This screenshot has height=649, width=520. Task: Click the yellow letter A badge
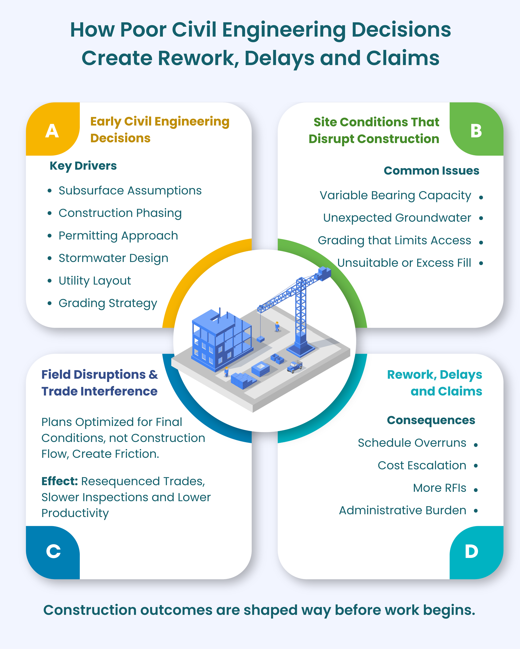pos(52,131)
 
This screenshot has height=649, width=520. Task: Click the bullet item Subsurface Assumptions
pos(130,191)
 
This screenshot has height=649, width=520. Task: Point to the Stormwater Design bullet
pos(113,258)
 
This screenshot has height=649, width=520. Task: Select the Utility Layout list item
pos(95,281)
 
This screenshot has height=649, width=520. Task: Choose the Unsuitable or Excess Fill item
pos(404,263)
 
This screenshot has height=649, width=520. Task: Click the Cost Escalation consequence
pos(422,465)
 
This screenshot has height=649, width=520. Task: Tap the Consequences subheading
pos(431,420)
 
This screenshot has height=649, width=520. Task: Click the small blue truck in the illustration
pos(295,367)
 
